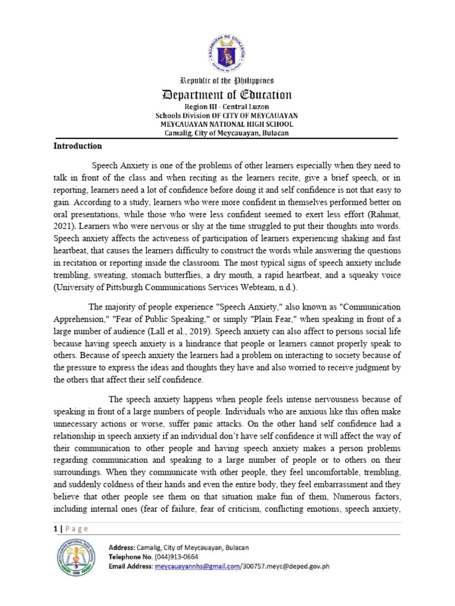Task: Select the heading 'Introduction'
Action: point(78,146)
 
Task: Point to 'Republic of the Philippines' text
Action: point(227,80)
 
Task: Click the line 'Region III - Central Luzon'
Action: point(227,107)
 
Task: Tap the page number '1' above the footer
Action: point(55,528)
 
